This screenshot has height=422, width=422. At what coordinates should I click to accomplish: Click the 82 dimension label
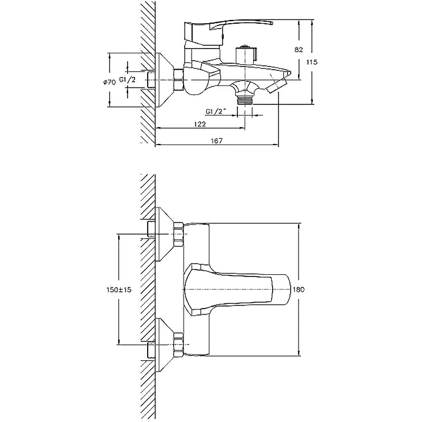[x=299, y=50]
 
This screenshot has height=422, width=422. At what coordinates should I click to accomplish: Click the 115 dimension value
[x=312, y=62]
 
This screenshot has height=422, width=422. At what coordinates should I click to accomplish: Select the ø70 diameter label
[x=109, y=82]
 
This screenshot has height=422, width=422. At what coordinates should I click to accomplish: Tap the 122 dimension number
[x=200, y=124]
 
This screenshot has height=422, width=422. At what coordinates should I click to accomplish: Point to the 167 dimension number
[x=217, y=140]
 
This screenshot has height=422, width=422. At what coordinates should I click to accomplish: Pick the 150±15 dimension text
[x=119, y=290]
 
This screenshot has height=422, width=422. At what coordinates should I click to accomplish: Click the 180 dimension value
[x=299, y=290]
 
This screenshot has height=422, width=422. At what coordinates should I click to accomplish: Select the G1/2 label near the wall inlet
[x=128, y=80]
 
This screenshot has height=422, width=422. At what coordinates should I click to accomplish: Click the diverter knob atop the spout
[x=246, y=55]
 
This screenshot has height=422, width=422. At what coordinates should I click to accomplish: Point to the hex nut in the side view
[x=178, y=80]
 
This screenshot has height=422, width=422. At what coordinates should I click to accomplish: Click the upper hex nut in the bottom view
[x=178, y=234]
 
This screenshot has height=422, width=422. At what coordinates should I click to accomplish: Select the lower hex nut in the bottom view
[x=178, y=345]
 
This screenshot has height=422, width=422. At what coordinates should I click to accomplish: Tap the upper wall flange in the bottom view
[x=164, y=234]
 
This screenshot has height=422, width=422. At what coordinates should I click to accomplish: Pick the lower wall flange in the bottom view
[x=164, y=345]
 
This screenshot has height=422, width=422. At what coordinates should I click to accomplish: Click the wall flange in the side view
[x=164, y=80]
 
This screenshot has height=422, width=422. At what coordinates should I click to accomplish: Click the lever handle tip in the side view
[x=270, y=23]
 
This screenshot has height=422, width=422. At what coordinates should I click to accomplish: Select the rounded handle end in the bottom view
[x=287, y=290]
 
